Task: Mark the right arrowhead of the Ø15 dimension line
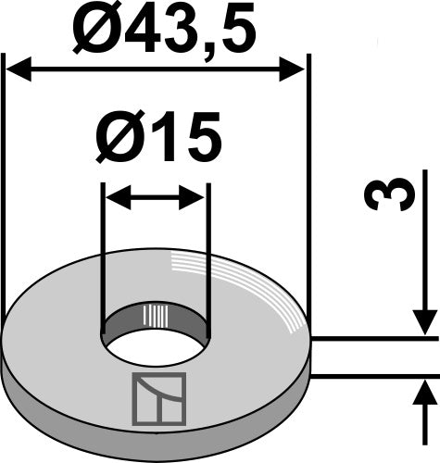pos(195,196)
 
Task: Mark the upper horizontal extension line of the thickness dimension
pos(371,340)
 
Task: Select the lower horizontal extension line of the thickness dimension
pos(371,375)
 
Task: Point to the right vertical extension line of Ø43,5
pos(308,185)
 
